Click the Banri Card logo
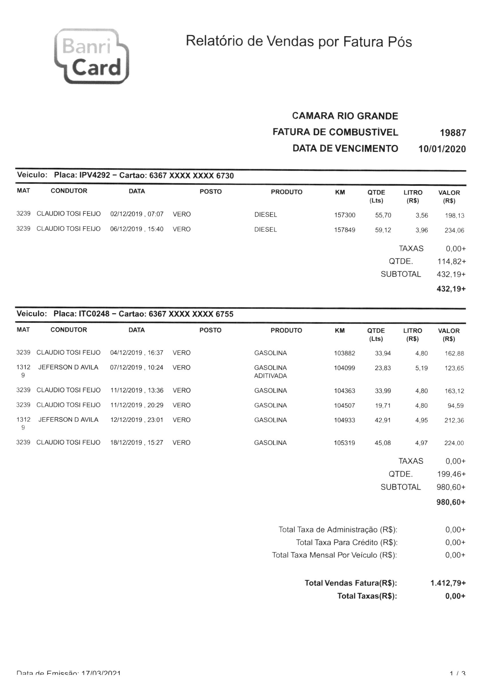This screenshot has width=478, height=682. [91, 56]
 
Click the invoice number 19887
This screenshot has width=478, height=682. [452, 133]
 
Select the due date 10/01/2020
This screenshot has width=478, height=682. [442, 149]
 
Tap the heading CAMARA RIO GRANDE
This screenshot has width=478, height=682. [345, 116]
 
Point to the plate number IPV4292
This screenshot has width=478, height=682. [94, 175]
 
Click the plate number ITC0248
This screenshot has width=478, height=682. [94, 314]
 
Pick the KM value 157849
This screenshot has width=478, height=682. [344, 230]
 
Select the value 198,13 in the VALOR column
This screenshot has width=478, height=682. [454, 215]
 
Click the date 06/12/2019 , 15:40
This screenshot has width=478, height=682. [136, 229]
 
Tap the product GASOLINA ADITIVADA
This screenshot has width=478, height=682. [270, 372]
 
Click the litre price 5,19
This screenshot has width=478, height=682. [421, 368]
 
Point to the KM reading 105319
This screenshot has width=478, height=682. [344, 443]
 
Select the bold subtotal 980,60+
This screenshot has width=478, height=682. [451, 502]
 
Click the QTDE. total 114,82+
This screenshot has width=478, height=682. [451, 261]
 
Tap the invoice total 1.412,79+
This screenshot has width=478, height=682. [448, 583]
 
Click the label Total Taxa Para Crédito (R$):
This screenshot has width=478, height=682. [346, 542]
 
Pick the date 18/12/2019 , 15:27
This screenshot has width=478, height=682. [136, 443]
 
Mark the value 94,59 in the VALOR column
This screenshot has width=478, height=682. [455, 406]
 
